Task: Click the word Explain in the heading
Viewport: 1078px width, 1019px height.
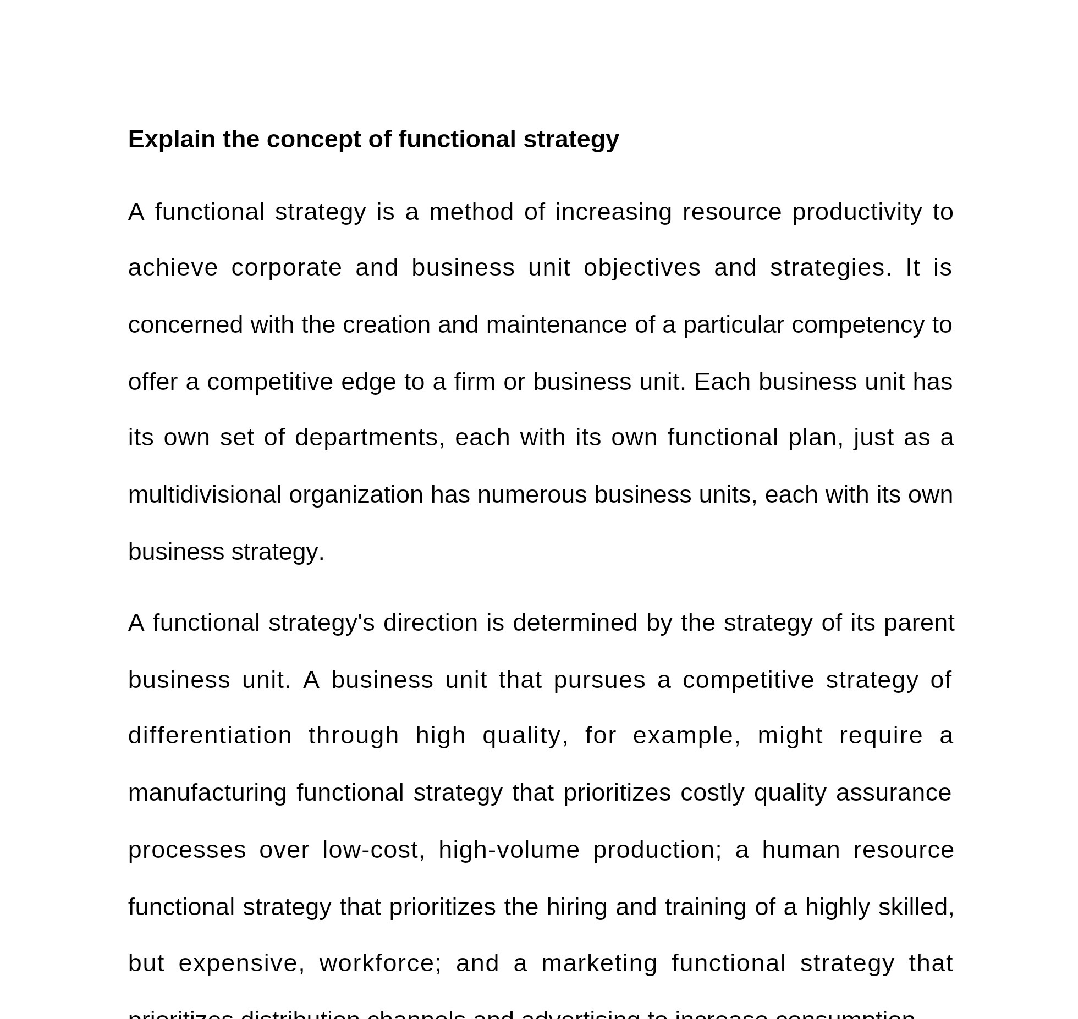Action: (172, 140)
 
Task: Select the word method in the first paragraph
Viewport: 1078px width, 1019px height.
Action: (471, 212)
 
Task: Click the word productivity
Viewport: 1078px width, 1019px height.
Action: (857, 212)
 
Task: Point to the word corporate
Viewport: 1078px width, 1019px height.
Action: (287, 268)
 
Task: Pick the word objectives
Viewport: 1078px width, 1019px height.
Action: (642, 268)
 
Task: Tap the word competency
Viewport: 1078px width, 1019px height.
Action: (857, 325)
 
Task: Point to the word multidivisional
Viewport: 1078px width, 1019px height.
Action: (205, 495)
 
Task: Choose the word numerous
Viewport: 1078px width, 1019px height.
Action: (532, 495)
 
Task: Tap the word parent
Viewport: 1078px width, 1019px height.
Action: (919, 623)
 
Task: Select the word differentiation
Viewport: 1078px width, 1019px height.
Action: (210, 736)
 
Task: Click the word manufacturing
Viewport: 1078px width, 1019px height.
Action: (207, 793)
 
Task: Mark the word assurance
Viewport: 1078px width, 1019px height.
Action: (893, 793)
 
